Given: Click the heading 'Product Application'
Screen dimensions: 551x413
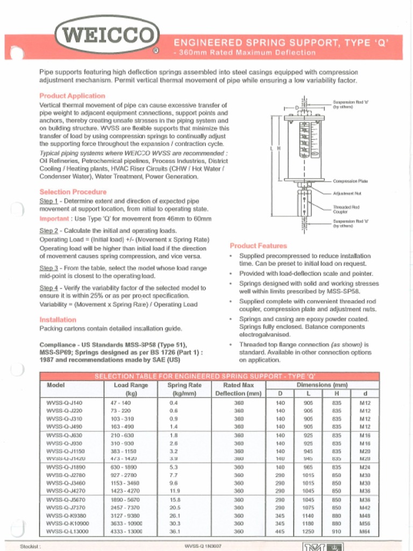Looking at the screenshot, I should (72, 96).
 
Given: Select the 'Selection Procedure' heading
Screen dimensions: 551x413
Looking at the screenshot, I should (73, 192).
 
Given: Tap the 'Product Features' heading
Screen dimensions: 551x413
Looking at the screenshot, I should (258, 245).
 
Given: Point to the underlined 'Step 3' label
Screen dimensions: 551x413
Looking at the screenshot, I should (49, 267).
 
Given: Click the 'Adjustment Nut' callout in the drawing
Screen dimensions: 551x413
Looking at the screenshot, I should (347, 193).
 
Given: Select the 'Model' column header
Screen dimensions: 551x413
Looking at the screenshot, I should (56, 385).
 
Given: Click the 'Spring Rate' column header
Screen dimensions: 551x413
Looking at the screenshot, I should (184, 385).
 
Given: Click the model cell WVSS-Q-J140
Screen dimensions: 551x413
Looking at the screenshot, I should (65, 402).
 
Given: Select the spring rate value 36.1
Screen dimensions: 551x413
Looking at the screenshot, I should (174, 532).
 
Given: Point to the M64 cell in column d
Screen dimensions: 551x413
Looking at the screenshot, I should (365, 532).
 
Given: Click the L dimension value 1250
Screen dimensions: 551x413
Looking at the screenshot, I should (308, 532).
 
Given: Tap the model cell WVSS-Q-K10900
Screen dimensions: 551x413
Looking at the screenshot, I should (68, 523).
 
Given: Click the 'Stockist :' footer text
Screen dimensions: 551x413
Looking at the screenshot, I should (31, 546).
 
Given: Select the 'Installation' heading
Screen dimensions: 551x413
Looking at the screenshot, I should (58, 319).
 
